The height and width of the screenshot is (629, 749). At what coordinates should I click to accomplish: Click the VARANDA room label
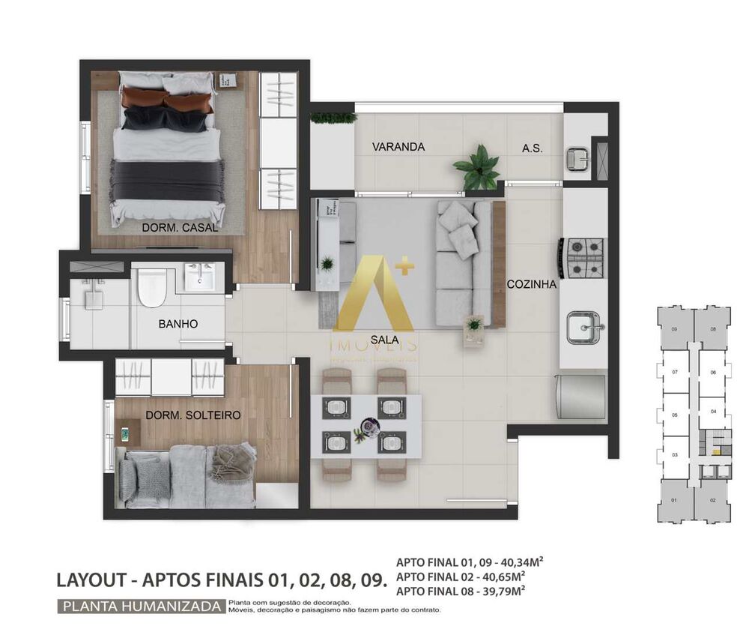398,147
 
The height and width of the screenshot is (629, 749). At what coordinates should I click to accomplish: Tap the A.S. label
532,148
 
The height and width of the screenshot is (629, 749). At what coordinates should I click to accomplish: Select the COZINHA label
531,284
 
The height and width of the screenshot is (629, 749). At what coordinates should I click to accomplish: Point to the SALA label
380,339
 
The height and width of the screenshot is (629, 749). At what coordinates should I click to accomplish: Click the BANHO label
178,325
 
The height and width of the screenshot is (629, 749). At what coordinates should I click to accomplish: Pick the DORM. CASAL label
181,227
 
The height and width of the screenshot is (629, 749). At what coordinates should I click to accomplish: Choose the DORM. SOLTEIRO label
182,415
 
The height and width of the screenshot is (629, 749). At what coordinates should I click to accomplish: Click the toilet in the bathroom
151,287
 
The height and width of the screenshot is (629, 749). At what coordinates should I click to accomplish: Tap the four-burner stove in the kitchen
585,257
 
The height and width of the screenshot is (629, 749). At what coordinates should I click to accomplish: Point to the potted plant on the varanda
476,167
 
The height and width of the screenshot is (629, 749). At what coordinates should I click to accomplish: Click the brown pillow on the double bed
168,97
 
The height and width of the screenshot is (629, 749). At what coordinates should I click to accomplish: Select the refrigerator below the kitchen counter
582,397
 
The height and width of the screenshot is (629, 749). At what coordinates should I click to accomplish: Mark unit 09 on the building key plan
674,328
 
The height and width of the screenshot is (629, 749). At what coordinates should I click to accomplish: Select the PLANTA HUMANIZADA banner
142,606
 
